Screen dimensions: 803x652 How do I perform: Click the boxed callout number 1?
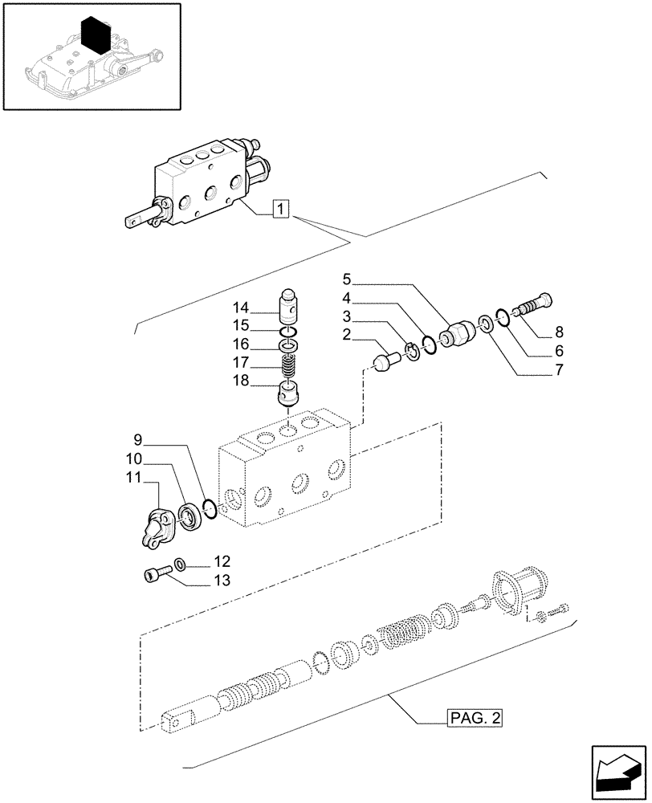279,210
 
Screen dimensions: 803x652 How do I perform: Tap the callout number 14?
242,307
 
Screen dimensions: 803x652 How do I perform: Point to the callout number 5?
346,280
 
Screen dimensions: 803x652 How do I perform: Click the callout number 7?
559,370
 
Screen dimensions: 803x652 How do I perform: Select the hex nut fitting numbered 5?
456,332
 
